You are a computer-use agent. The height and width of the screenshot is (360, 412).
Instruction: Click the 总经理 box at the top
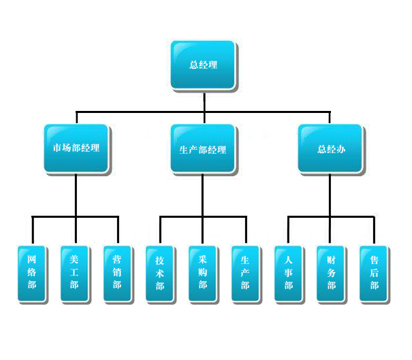coord(203,65)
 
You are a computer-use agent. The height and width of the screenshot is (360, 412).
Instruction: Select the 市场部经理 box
coord(76,148)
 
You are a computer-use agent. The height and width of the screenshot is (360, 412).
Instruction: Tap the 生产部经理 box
coord(202,148)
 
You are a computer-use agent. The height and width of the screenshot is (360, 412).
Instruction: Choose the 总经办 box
coord(330,148)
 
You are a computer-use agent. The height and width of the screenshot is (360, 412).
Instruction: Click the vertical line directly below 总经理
coord(204,100)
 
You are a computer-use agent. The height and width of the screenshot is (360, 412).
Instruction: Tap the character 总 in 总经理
coord(193,65)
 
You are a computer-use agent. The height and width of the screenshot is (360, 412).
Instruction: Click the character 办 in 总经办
coord(340,148)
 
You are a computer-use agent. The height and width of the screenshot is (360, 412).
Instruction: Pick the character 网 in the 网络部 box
coord(32,260)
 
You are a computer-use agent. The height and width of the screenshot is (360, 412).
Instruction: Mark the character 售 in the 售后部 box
coord(374,260)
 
